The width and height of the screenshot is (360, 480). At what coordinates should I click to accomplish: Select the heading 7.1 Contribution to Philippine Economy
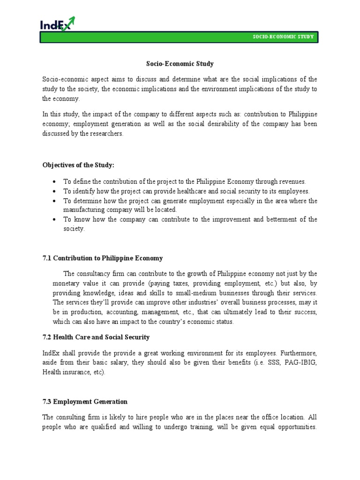click(x=102, y=258)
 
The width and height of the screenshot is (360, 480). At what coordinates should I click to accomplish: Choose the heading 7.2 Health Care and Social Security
click(x=95, y=337)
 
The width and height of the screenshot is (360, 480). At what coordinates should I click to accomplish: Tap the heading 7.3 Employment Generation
click(x=85, y=402)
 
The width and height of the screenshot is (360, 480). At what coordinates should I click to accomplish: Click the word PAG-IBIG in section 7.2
click(x=302, y=363)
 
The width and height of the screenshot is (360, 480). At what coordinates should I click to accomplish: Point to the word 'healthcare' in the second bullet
click(x=210, y=191)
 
